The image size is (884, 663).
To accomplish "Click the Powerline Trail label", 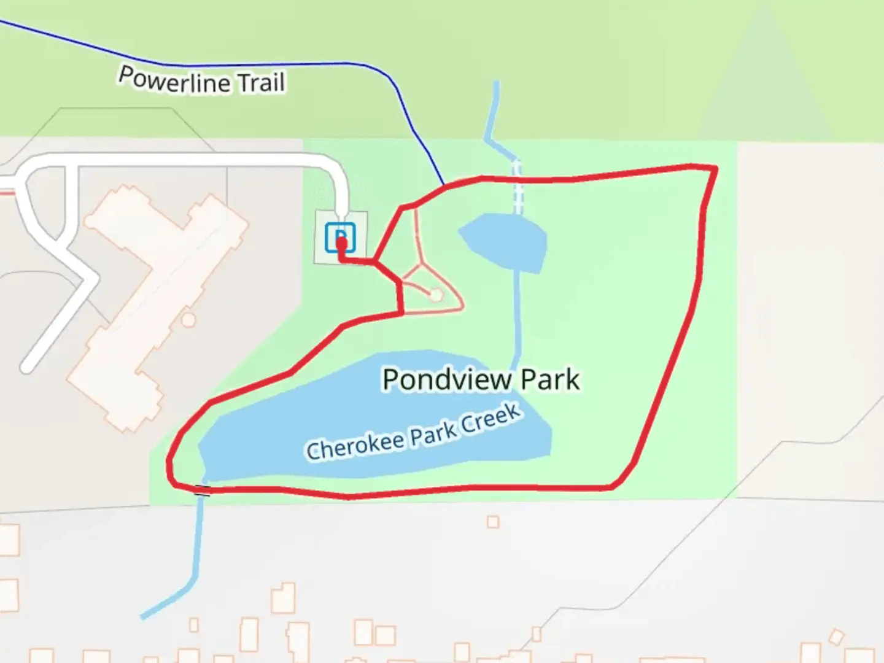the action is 202,80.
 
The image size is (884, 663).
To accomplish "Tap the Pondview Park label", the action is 481,379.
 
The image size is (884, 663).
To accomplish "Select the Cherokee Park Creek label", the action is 414,432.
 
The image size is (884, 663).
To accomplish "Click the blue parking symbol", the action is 340,237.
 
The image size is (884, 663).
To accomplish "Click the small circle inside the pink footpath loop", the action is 436,295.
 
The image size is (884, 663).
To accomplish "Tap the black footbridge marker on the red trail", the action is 203,489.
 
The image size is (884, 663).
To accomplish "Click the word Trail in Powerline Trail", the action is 261,82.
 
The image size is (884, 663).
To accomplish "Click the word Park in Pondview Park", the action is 549,379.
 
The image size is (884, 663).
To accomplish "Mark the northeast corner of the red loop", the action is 715,168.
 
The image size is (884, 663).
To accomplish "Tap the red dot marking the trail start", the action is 342,244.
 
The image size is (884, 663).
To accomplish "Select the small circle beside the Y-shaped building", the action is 188,319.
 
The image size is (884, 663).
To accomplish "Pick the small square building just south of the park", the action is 492,522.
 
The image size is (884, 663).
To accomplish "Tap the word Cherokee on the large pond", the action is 355,445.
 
